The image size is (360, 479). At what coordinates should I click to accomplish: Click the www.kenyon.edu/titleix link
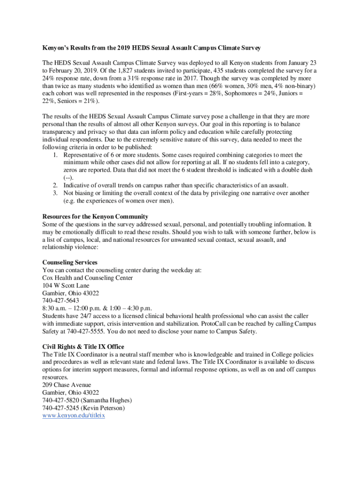(x=73, y=415)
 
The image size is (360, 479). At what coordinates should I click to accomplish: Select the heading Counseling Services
(x=70, y=262)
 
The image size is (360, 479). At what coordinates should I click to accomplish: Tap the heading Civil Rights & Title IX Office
(x=83, y=347)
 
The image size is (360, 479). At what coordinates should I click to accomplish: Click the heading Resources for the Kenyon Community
(x=95, y=217)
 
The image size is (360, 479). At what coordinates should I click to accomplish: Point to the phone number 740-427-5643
(x=60, y=300)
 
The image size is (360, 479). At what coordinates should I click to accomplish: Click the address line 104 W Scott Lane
(x=65, y=285)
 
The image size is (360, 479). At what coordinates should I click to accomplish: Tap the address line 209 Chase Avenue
(x=66, y=385)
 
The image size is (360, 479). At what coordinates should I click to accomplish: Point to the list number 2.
(x=55, y=185)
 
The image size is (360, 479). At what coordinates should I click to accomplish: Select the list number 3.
(x=55, y=193)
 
